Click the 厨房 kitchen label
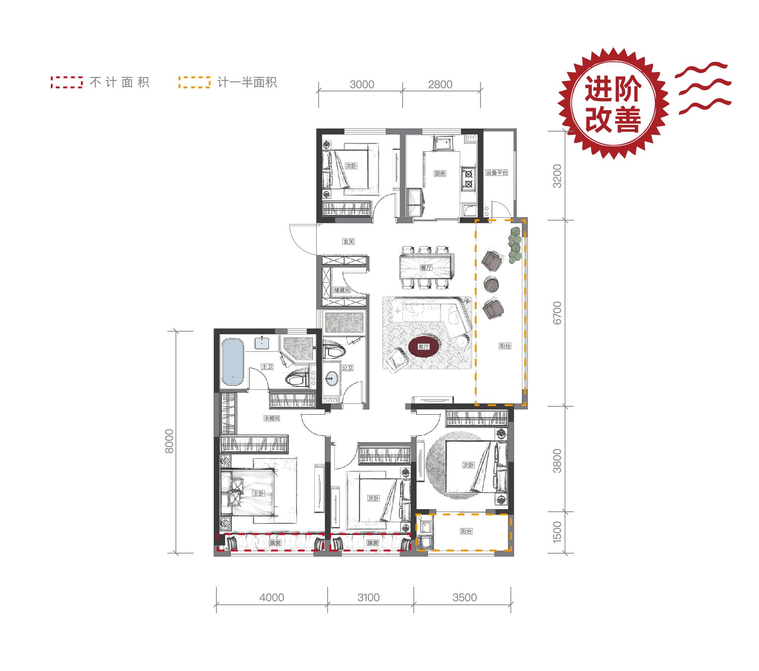(x=440, y=173)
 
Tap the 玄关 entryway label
(x=348, y=241)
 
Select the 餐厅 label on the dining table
(x=426, y=268)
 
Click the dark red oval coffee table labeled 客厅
(x=424, y=347)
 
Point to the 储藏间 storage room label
(x=342, y=290)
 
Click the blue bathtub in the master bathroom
(x=233, y=362)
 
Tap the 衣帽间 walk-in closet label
(x=271, y=418)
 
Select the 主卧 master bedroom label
(x=259, y=493)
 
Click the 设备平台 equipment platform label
(x=497, y=172)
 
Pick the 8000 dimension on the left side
(x=169, y=441)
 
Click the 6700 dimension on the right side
(x=557, y=313)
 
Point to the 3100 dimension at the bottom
(x=368, y=598)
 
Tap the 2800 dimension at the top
(x=440, y=85)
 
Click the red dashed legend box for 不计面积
(x=67, y=82)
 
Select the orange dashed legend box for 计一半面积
(x=194, y=82)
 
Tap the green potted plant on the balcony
(x=515, y=245)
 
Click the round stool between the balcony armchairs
(x=491, y=284)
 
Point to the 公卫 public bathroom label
(x=347, y=368)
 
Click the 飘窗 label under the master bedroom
(x=275, y=542)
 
